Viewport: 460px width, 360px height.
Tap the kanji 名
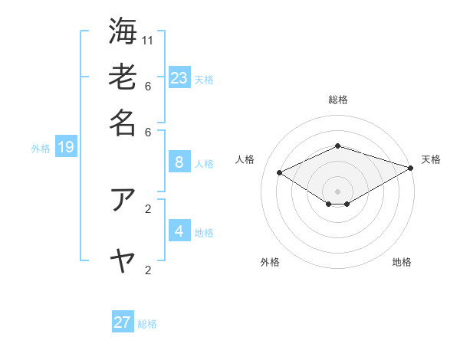[122, 123]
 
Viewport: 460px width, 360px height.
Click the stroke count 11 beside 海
[148, 40]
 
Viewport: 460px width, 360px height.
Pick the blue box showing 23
[179, 77]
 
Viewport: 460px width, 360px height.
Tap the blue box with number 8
[179, 162]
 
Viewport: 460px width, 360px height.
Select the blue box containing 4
[179, 231]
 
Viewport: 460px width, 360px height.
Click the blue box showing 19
[66, 147]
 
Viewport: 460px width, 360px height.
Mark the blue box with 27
[123, 322]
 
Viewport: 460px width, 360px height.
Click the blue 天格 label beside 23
[204, 80]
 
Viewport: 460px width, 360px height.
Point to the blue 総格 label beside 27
[147, 325]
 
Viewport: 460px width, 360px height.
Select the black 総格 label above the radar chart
[337, 100]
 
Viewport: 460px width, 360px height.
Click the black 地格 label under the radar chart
[402, 263]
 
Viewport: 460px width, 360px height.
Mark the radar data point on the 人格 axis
[280, 173]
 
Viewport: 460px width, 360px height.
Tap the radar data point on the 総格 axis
[337, 146]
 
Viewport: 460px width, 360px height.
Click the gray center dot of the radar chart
[337, 191]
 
